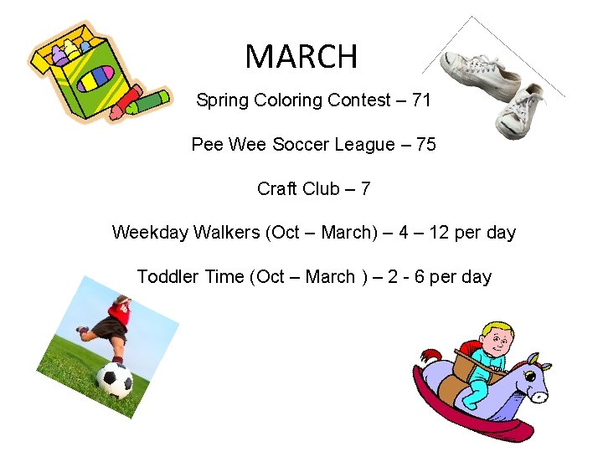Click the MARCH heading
coord(301,57)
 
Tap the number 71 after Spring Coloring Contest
coord(421,100)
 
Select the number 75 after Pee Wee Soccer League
coord(425,145)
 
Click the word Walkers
coord(227,233)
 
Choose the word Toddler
coord(168,277)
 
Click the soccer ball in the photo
coord(115,380)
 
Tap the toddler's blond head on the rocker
coord(501,336)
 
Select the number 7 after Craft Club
coord(364,189)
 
